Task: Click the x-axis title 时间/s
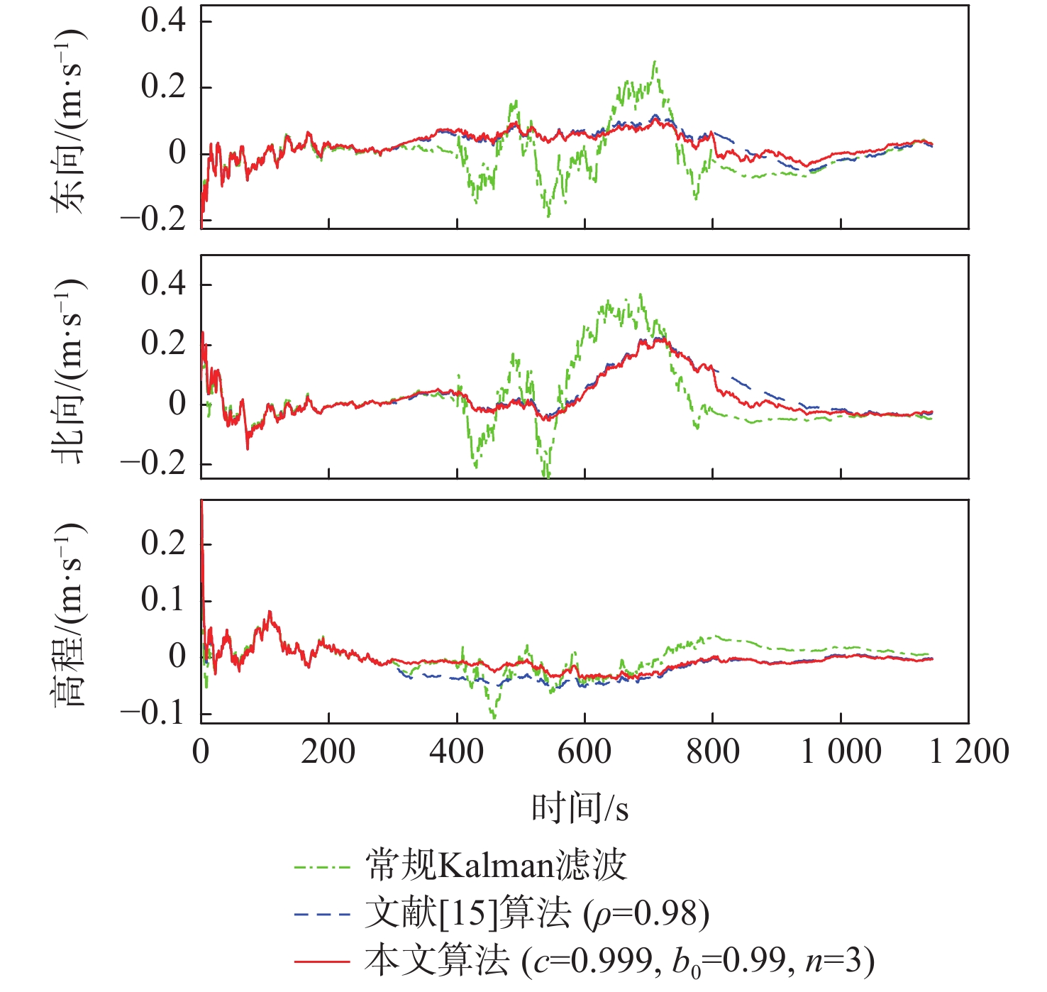tap(580, 808)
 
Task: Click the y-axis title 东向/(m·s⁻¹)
tap(69, 121)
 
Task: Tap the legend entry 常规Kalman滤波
tap(496, 865)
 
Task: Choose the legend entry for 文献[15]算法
tap(537, 913)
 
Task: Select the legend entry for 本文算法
tap(619, 961)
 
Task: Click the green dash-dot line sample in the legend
tap(322, 866)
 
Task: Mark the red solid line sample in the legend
tap(322, 961)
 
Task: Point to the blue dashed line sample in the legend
tap(322, 914)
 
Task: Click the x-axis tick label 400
tap(457, 751)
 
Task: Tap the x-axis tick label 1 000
tap(841, 751)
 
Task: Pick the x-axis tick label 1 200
tap(969, 751)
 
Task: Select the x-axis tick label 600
tap(585, 751)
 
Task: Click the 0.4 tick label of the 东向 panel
tap(163, 21)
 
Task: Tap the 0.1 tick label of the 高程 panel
tap(163, 600)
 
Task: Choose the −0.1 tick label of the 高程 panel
tap(153, 712)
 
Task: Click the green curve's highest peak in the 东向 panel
tap(655, 62)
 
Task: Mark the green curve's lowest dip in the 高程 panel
tap(494, 717)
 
